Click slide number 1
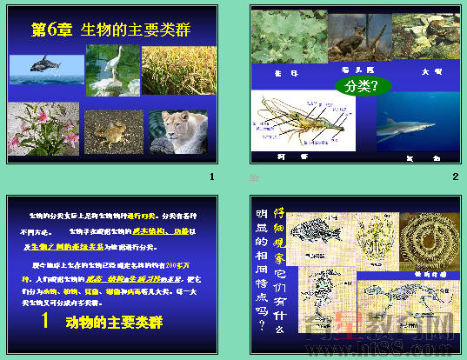point(210,177)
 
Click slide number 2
point(454,177)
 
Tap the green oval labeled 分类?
point(362,85)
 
